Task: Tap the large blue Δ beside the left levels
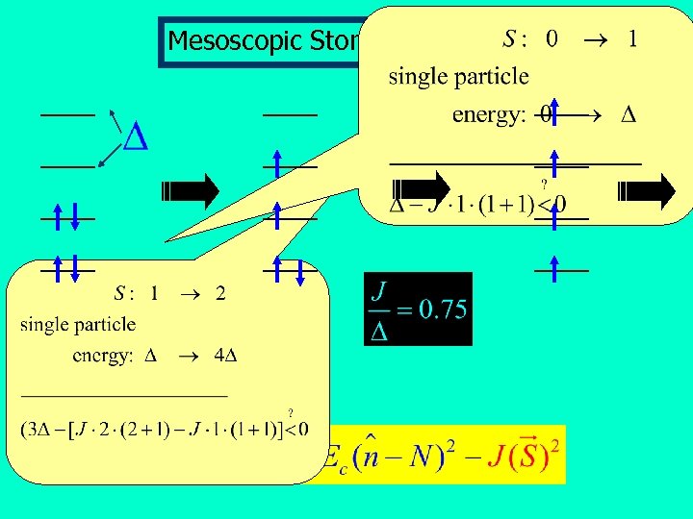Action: point(137,138)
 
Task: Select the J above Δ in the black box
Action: point(380,290)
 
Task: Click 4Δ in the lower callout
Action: point(225,356)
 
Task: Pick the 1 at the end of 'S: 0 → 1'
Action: point(631,39)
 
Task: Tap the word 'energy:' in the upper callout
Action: point(488,115)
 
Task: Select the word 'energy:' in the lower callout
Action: point(103,356)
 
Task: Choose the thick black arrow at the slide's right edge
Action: point(647,190)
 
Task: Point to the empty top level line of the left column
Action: point(66,114)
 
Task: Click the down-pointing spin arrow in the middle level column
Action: point(300,272)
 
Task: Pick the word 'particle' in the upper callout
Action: point(491,76)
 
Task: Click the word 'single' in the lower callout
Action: point(44,325)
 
